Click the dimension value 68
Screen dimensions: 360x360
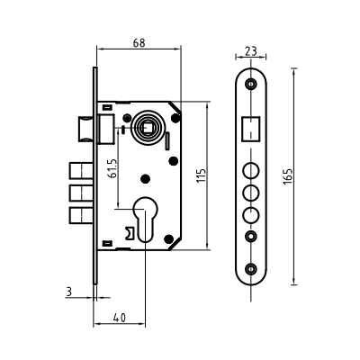(139, 43)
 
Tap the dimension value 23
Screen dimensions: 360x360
(251, 51)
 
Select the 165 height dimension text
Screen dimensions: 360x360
(288, 176)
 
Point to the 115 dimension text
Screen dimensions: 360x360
(202, 175)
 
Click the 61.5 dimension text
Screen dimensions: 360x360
(112, 168)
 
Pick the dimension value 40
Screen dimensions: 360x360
(120, 318)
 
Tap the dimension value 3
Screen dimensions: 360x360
(69, 292)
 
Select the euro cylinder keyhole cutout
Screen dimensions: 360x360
(145, 219)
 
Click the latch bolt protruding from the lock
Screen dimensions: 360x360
(85, 129)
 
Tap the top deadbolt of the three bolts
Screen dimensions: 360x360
(81, 171)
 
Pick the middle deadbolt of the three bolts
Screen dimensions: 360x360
(81, 193)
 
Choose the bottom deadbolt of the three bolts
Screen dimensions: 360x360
(81, 215)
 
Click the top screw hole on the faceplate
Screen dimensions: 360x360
(251, 83)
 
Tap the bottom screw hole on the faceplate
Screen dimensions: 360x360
(251, 269)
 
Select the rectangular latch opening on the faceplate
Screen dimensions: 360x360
(251, 129)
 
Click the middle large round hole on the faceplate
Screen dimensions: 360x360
(251, 193)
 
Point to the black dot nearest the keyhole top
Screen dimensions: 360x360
(146, 179)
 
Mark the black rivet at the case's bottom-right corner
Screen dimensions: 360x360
(169, 239)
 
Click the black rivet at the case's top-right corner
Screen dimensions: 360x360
(175, 118)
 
